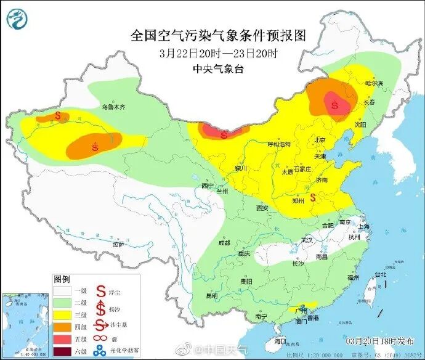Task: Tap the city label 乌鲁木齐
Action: point(113,107)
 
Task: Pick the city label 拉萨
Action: point(118,245)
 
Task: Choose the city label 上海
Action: point(363,226)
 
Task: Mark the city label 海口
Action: point(281,341)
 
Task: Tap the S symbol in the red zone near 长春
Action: point(335,105)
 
